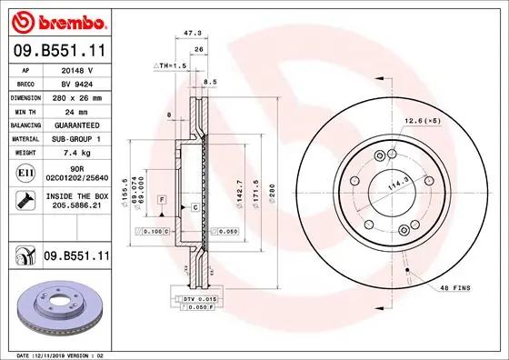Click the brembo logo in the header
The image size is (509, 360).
59,21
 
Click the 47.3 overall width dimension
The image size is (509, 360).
192,32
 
